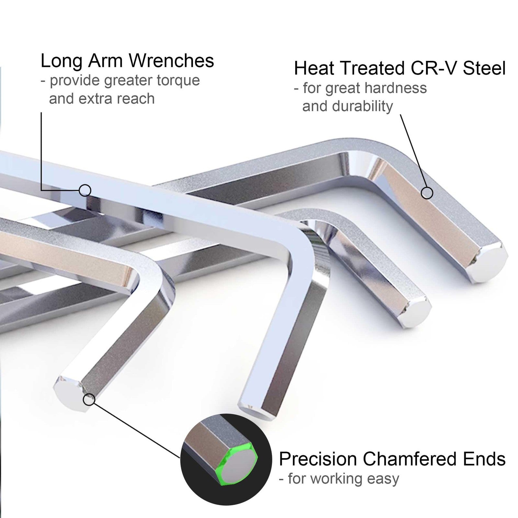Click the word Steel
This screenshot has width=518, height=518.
pos(484,68)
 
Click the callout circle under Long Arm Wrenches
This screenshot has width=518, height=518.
pos(85,190)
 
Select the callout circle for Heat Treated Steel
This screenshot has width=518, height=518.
pos(427,193)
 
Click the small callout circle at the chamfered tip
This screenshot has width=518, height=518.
pos(89,400)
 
